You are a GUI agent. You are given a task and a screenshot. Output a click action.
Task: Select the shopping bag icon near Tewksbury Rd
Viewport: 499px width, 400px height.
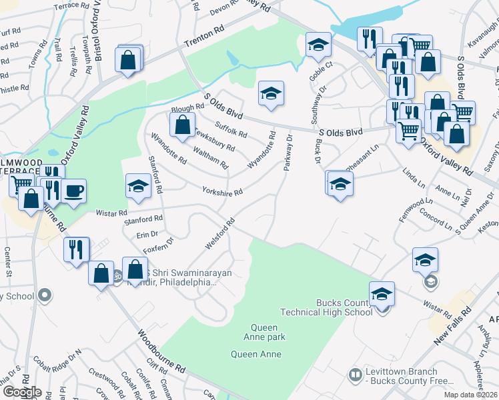181,124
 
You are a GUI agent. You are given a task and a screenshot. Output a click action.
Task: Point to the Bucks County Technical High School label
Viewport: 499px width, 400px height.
326,307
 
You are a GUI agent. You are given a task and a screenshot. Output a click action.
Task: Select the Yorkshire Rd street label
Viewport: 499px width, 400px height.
222,191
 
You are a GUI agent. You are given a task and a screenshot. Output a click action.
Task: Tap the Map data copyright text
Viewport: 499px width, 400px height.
470,395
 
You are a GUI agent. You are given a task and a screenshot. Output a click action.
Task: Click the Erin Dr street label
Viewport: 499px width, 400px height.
147,234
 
